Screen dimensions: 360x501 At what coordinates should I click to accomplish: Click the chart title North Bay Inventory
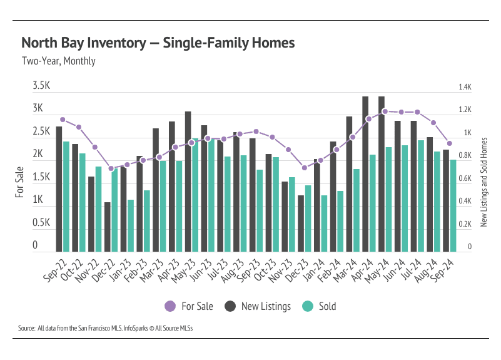coord(158,43)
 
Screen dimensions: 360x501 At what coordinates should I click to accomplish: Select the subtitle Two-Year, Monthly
coord(58,61)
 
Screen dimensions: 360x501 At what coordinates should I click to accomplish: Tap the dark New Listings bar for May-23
coord(188,182)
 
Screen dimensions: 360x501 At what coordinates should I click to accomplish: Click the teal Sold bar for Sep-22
coord(66,196)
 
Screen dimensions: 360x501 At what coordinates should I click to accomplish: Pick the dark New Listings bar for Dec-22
coord(107,227)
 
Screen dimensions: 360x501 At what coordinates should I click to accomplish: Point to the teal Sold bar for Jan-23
coord(131,225)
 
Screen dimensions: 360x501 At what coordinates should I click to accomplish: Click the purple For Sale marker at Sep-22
coord(63,120)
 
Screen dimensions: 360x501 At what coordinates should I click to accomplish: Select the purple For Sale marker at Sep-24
coord(449,143)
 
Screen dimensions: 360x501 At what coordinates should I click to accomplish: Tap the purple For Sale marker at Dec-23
coord(304,168)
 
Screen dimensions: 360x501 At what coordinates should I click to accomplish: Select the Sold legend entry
coord(319,306)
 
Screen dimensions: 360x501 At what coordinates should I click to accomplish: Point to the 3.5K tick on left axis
coord(42,86)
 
